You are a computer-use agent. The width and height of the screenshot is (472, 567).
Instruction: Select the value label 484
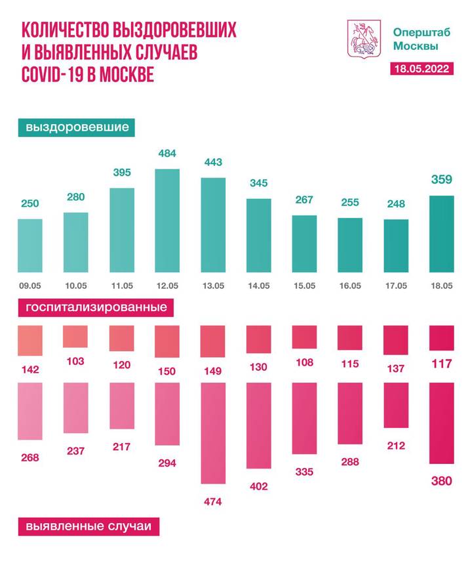[x=167, y=154]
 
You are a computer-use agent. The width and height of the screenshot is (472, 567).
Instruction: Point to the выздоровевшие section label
[x=77, y=127]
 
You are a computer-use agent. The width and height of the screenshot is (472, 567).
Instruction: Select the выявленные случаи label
[x=88, y=526]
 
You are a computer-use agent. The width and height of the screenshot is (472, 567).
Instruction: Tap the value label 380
[x=441, y=481]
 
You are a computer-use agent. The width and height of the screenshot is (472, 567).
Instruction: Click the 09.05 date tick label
[x=30, y=285]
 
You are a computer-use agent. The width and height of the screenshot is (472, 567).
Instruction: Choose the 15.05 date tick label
[x=304, y=285]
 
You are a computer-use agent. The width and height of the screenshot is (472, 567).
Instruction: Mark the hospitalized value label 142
[x=30, y=370]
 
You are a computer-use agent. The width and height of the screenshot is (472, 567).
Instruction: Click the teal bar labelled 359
[x=441, y=234]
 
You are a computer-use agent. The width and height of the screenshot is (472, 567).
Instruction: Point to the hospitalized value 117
[x=441, y=364]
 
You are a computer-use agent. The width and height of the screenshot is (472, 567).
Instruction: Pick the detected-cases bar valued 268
[x=30, y=411]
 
